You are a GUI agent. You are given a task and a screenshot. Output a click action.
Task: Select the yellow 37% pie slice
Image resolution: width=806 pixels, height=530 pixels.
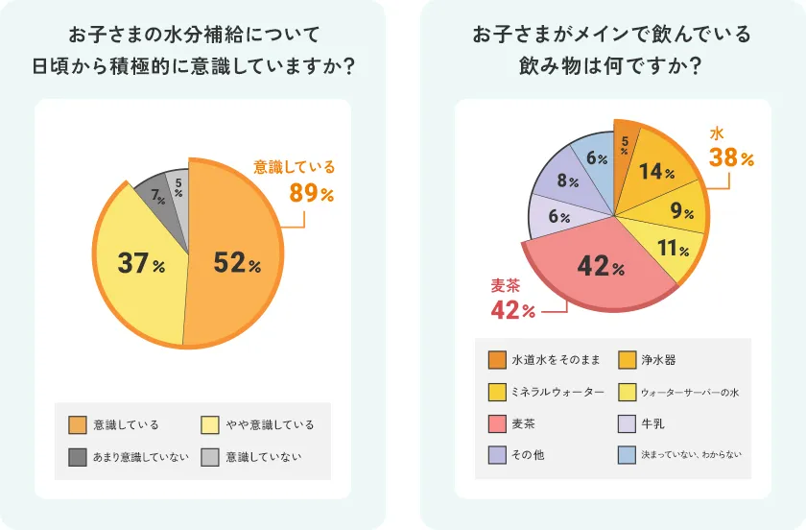point(139,261)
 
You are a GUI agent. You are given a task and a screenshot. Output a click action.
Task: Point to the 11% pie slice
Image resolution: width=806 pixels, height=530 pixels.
point(671,249)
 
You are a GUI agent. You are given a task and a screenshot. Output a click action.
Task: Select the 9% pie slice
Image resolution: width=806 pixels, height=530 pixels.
point(680,211)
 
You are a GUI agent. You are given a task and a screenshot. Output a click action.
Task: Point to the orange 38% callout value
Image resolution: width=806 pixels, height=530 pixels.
point(733,157)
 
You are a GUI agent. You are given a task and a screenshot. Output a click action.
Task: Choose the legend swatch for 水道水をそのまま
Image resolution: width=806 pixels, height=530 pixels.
point(497,360)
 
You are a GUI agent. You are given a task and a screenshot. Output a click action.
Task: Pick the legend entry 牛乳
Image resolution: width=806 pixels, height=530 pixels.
point(652,423)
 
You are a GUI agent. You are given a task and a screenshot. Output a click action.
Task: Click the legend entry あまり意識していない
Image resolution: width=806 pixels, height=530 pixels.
point(141,456)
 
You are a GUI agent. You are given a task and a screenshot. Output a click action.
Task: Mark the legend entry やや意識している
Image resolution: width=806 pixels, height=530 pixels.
point(270,424)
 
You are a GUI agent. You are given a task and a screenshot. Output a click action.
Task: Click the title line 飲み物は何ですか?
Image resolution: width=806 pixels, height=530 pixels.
point(611,68)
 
